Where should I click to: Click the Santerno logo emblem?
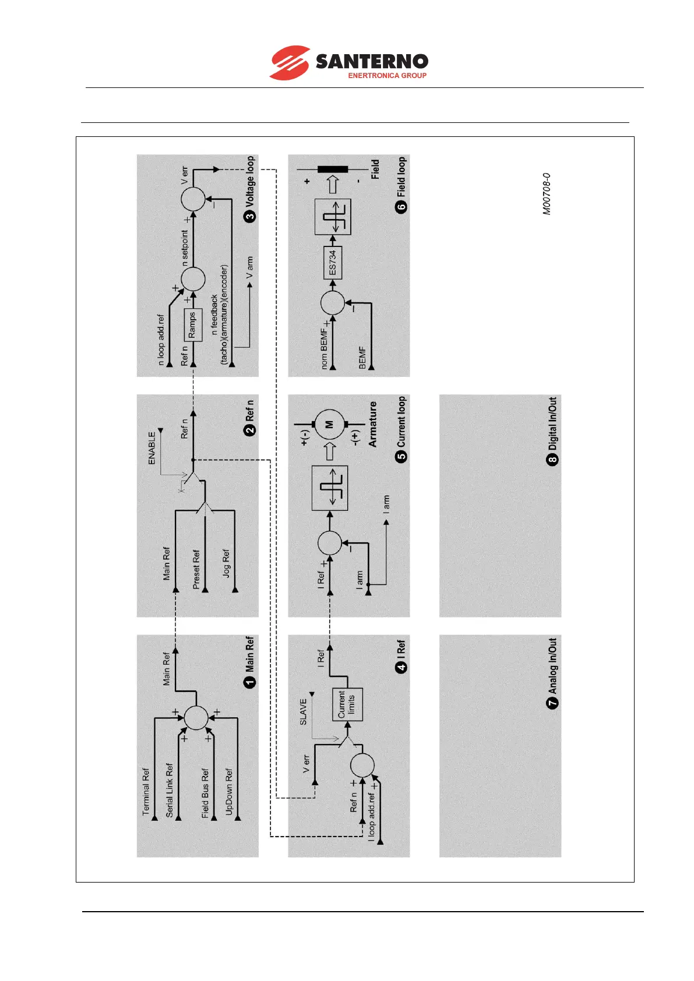[290, 63]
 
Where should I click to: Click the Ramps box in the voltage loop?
[193, 324]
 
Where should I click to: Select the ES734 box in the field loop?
[333, 263]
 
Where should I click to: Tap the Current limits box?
[347, 704]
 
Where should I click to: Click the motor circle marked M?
[329, 425]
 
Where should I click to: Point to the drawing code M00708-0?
[547, 194]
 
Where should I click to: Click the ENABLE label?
[152, 448]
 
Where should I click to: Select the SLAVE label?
[303, 712]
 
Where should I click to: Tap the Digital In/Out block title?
[552, 424]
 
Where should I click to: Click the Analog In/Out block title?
[552, 666]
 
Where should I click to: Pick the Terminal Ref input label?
[146, 791]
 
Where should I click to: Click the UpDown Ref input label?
[229, 791]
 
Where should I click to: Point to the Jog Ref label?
[226, 563]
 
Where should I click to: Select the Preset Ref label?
[196, 569]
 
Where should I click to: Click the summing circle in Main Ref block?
[196, 717]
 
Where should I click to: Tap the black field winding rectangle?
[333, 170]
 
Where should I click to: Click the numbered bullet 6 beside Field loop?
[401, 207]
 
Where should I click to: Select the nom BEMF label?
[324, 348]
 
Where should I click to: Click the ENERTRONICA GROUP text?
[387, 75]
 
